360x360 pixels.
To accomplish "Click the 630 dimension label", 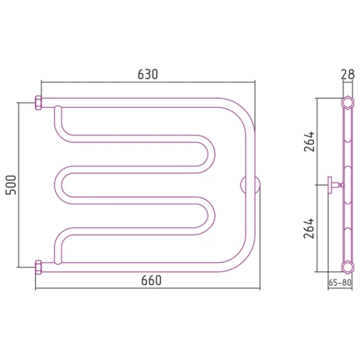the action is pos(148,74).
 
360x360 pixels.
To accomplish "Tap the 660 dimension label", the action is pos(151,280).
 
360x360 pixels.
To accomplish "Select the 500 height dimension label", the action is pos(11,185).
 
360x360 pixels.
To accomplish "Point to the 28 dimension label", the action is pos(347,74).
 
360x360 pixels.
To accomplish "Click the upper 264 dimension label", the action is pos(309,141).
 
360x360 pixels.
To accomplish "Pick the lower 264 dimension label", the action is pos(309,228).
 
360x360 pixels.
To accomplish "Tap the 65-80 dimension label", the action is pos(340,283).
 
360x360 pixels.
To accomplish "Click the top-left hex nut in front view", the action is pos(38,103).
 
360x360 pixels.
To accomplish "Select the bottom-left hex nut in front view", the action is pos(38,267).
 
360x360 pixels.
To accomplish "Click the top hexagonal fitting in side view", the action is pos(347,103).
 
